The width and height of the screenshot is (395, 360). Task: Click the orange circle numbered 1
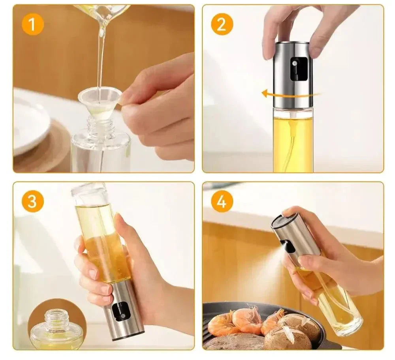(31, 25)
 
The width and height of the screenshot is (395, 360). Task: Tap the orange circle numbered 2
(222, 25)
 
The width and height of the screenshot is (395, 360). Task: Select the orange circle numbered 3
(32, 201)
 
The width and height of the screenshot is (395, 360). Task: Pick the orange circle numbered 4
(222, 201)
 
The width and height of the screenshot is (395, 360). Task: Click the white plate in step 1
(30, 126)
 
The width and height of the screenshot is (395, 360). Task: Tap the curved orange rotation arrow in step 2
(290, 94)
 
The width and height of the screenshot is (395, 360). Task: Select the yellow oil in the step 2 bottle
(293, 142)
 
